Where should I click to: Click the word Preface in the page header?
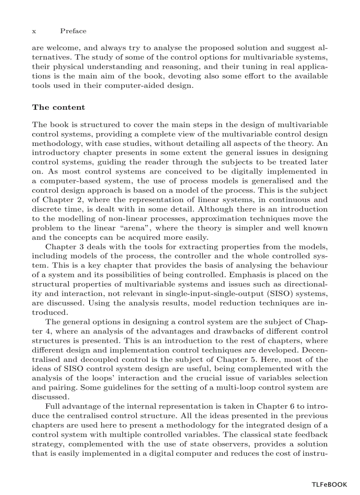[73, 31]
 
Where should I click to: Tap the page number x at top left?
[34, 31]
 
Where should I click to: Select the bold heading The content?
[58, 108]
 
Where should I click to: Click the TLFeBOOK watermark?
[329, 484]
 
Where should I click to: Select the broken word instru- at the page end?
[315, 453]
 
